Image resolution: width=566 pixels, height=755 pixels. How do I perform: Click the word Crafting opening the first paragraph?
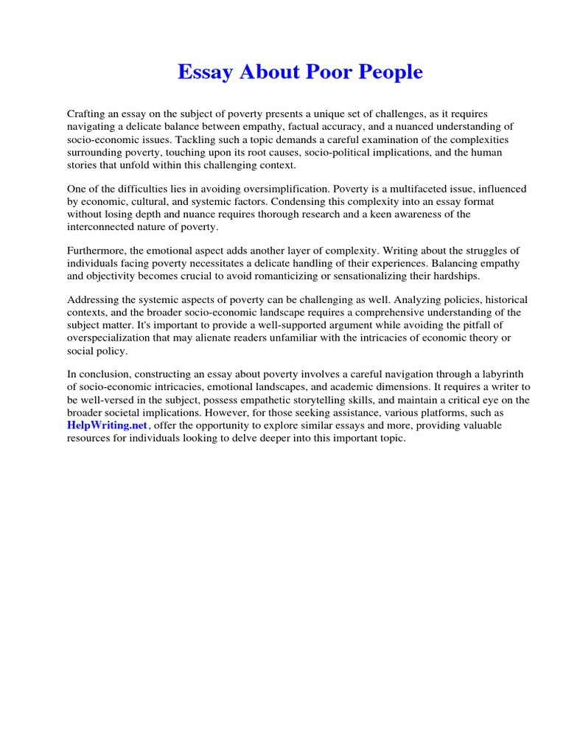pyautogui.click(x=87, y=114)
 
